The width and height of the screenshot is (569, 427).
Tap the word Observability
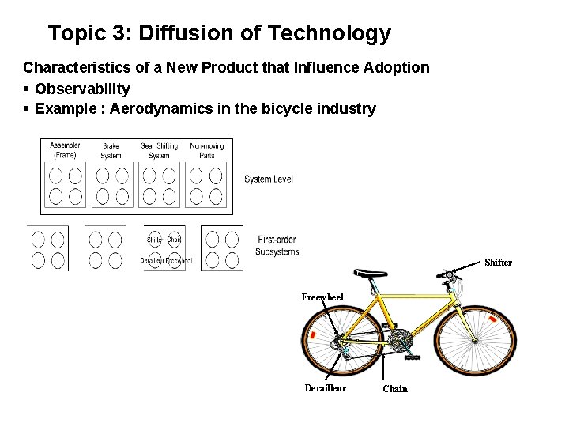[x=82, y=89]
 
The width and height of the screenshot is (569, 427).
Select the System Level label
[x=269, y=179]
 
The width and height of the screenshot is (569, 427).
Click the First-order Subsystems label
[x=277, y=246]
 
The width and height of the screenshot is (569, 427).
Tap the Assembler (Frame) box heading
[x=65, y=150]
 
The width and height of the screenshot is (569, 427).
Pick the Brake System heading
[x=111, y=150]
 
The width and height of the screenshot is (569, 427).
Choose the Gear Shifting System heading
[x=159, y=150]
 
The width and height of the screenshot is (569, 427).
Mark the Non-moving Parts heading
[x=207, y=150]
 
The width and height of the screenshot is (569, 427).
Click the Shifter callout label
[x=498, y=263]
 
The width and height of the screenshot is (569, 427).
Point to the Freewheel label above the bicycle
[x=322, y=297]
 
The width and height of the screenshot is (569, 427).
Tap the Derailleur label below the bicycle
[x=326, y=388]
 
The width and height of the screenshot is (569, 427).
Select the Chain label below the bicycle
[x=395, y=389]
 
